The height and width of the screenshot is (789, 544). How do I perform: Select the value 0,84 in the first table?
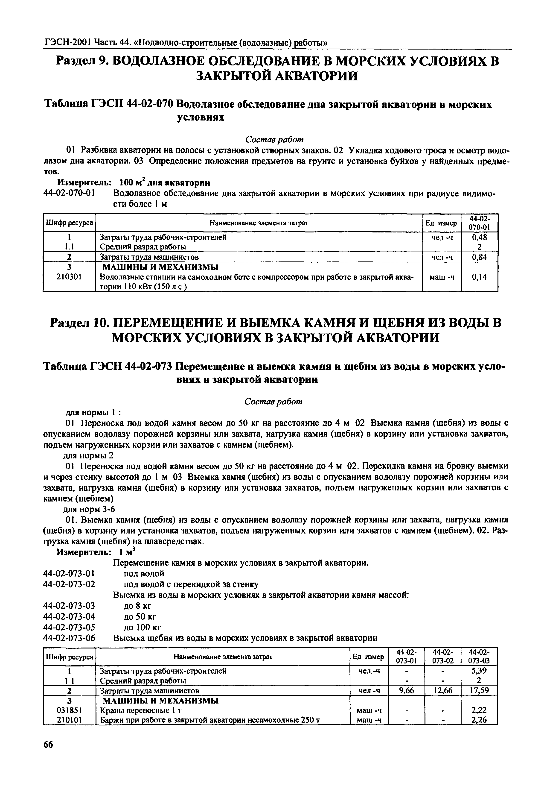pos(480,257)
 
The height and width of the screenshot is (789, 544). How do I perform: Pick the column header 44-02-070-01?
pos(480,223)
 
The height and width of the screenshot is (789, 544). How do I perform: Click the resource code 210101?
pos(69,720)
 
